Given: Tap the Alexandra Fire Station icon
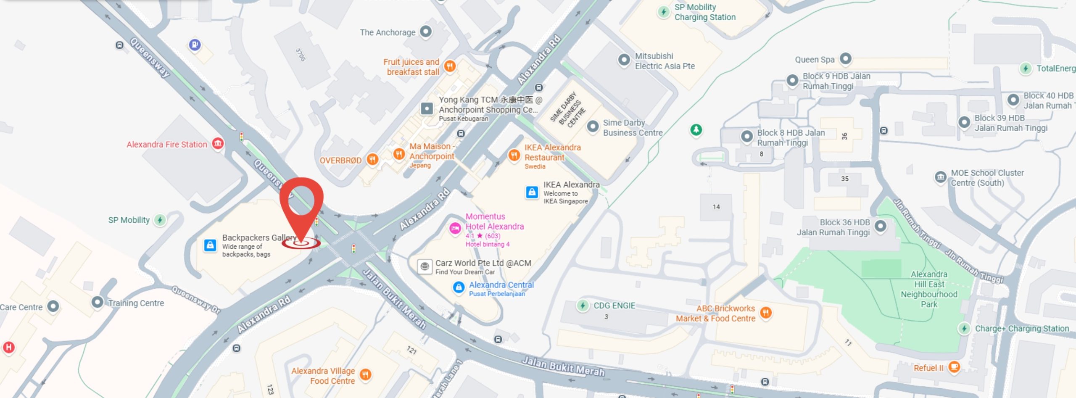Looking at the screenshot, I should pos(218,144).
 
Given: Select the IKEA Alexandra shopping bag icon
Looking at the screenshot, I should pos(532,192).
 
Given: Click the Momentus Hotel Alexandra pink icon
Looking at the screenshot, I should pos(455,228).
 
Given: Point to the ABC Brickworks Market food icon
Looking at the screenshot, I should pos(766,313).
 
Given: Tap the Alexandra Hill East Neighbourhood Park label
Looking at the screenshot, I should pos(929,289).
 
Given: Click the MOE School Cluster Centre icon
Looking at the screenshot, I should pos(940,177).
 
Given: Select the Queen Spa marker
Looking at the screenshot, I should pos(845,59).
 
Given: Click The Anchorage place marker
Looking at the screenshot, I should pos(426,32).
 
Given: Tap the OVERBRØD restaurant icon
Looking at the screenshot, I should pos(372,159).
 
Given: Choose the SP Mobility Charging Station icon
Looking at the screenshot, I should pos(663,12).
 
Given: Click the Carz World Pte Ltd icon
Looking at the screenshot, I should pos(425,266).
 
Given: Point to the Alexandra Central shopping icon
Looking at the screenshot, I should pos(459,287).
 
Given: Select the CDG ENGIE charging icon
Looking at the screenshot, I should pos(583,306).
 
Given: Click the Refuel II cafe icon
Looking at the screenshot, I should pos(954,367).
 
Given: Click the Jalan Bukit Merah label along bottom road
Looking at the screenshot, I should pos(563,366).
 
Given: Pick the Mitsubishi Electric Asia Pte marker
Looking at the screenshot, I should pos(624,60).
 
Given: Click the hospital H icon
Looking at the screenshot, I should pos(8,347).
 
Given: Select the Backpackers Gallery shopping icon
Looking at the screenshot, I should pos(210,245).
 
